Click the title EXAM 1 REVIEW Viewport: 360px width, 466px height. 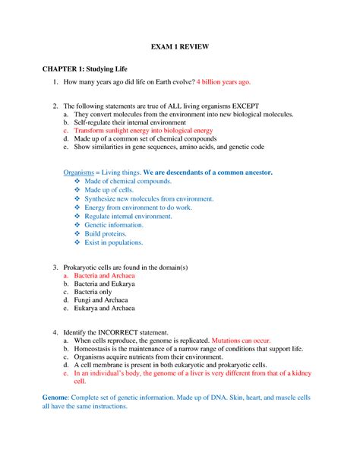click(179, 46)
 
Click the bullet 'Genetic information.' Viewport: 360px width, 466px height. click(117, 226)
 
